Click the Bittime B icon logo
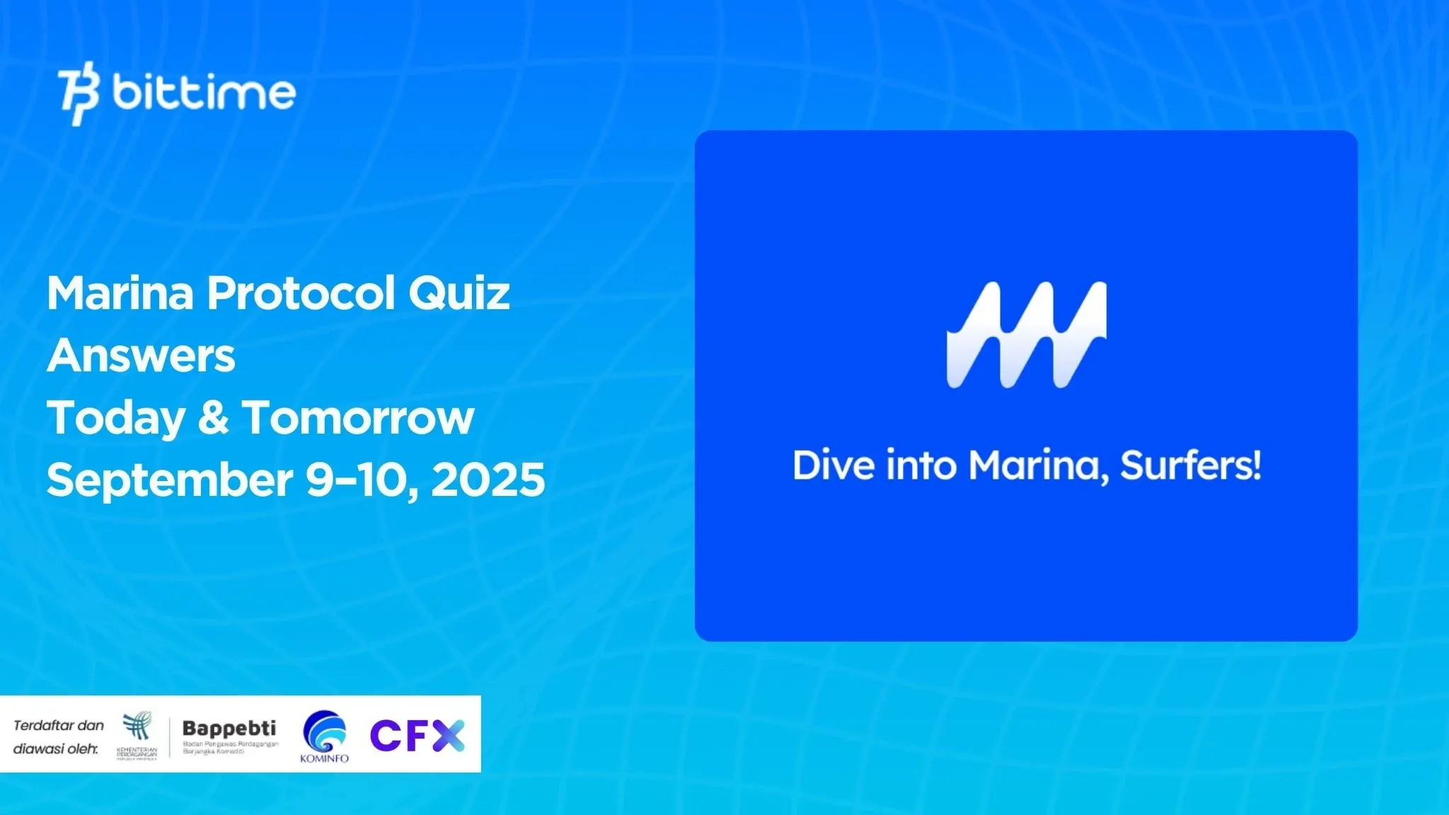click(78, 93)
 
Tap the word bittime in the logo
click(204, 93)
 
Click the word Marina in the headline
click(120, 293)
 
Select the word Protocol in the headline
click(300, 293)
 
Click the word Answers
click(141, 355)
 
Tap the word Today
click(116, 418)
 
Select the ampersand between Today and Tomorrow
click(213, 417)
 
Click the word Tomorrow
click(358, 417)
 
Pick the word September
click(170, 480)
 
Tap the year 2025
click(488, 480)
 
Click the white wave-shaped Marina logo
click(1026, 335)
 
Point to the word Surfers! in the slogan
click(1191, 466)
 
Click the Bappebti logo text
click(229, 729)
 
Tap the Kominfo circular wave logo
click(325, 732)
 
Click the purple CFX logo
click(417, 735)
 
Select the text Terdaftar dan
click(59, 725)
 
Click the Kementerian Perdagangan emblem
click(137, 727)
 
